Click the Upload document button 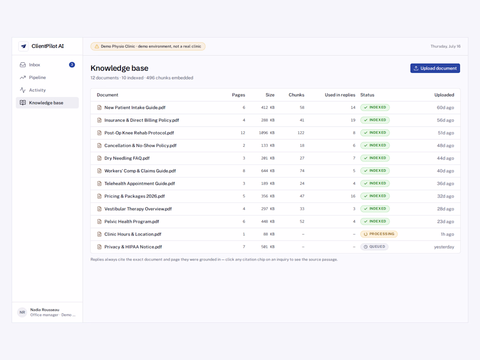pos(435,68)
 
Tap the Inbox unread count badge pos(72,65)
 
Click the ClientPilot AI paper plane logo pos(23,46)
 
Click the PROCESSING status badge pos(379,234)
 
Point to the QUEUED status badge pos(374,247)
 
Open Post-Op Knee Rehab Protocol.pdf pos(139,133)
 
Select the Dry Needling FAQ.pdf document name pos(127,158)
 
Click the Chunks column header pos(296,95)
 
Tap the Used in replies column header pos(340,95)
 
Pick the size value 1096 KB pos(267,133)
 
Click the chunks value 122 pos(301,133)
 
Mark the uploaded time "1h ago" pos(447,234)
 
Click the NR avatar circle pos(22,312)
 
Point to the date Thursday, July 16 pos(446,47)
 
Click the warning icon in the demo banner pos(97,47)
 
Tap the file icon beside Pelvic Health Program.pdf pos(99,222)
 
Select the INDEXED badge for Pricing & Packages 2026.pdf pos(375,196)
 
